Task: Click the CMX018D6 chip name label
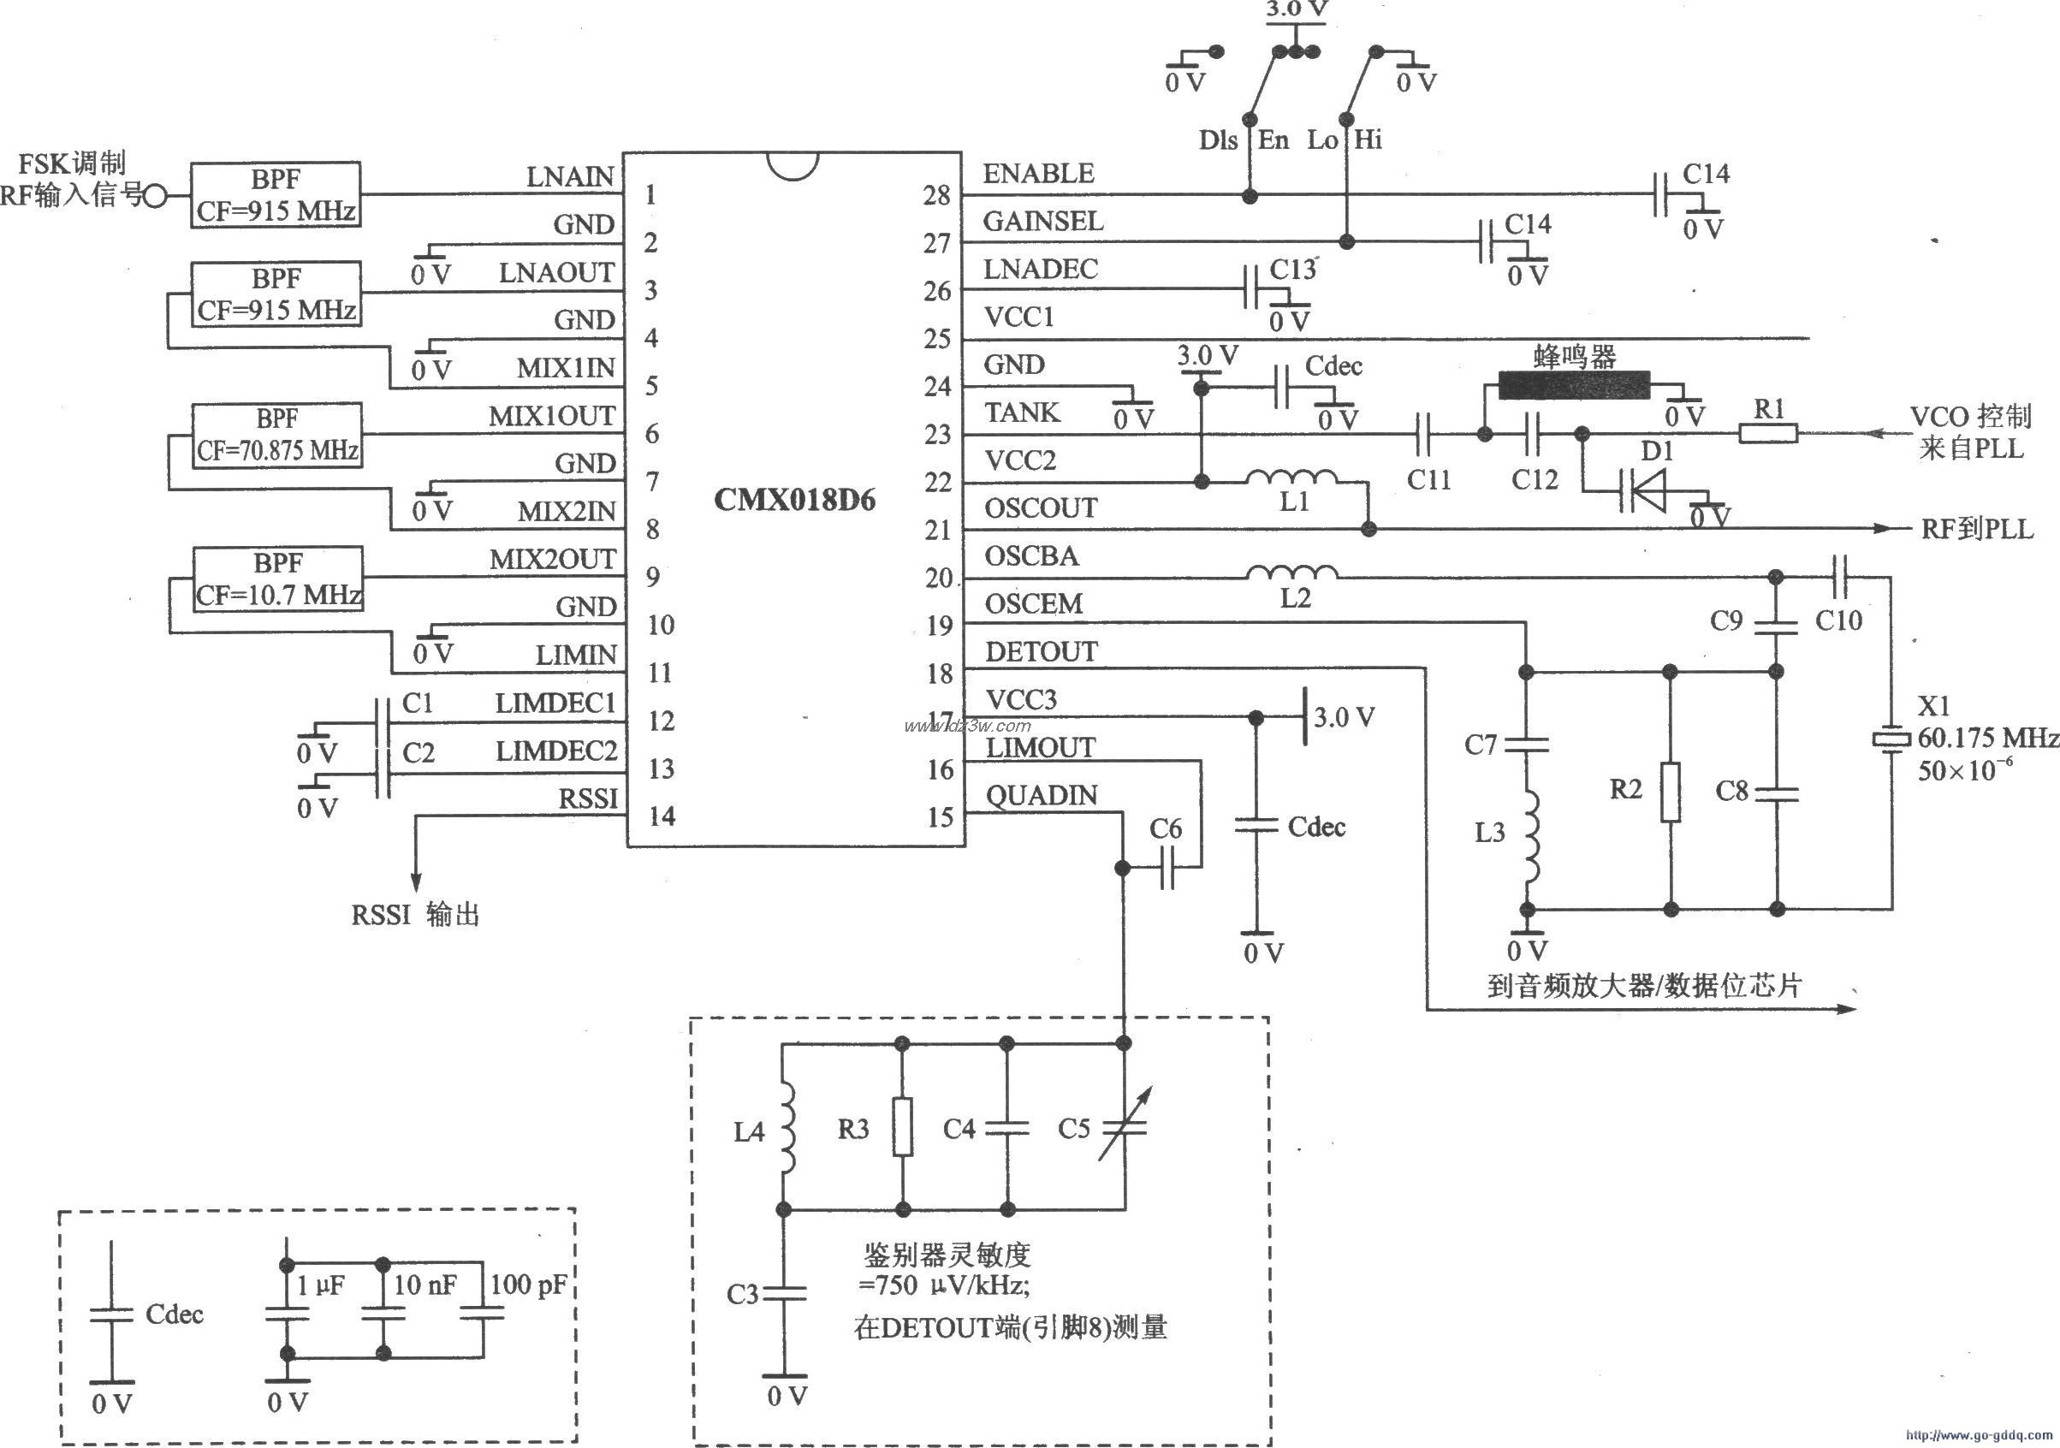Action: pyautogui.click(x=794, y=500)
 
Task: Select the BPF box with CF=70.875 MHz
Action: pyautogui.click(x=277, y=435)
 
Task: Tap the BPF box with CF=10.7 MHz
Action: pyautogui.click(x=278, y=579)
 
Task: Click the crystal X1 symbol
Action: pyautogui.click(x=1891, y=739)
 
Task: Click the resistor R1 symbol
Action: pyautogui.click(x=1767, y=434)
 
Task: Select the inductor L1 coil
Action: pyautogui.click(x=1291, y=479)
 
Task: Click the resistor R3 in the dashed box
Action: pyautogui.click(x=903, y=1127)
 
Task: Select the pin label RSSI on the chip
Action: pyautogui.click(x=589, y=798)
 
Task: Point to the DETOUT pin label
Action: pyautogui.click(x=1041, y=652)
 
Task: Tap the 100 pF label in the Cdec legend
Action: pyautogui.click(x=527, y=1285)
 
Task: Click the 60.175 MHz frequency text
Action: pyautogui.click(x=1987, y=739)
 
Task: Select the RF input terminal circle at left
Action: pyautogui.click(x=155, y=196)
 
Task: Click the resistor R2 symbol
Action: pyautogui.click(x=1670, y=792)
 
